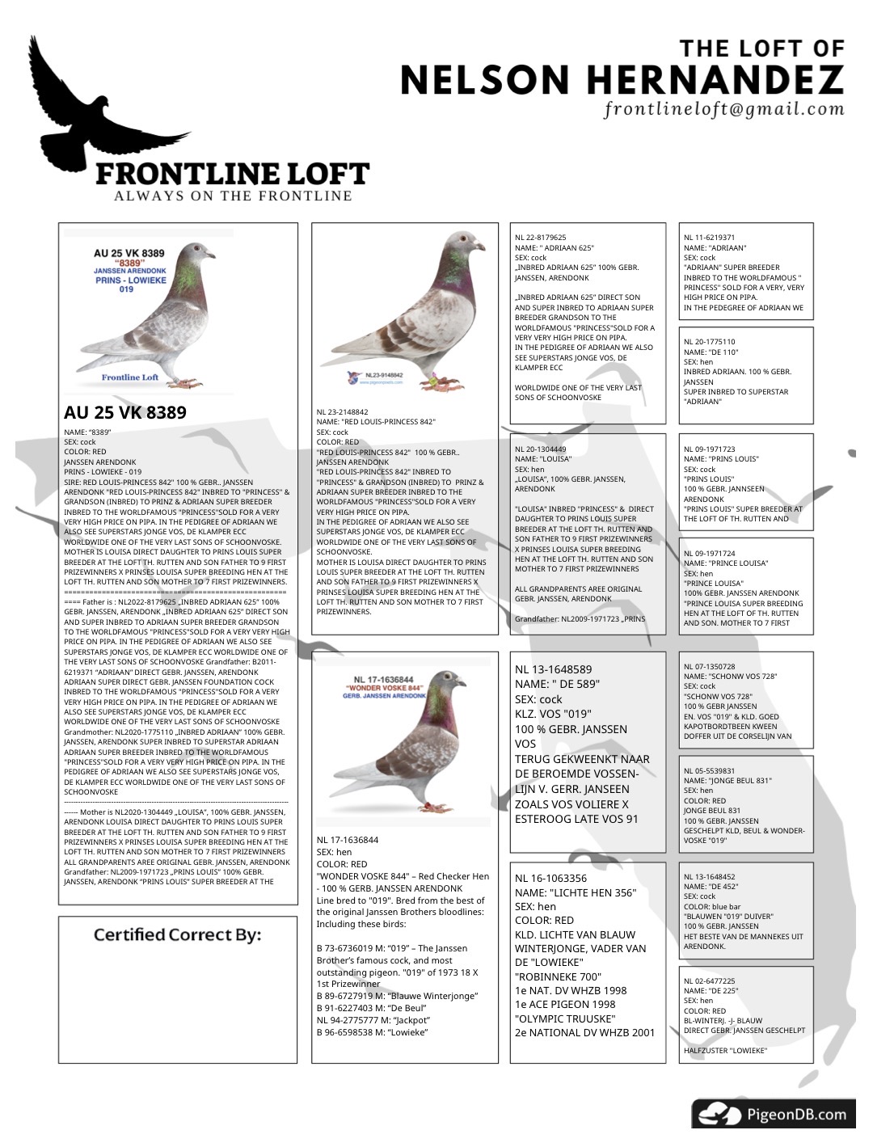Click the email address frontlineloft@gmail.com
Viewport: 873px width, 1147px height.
pos(723,109)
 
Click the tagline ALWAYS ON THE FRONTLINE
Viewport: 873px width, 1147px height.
pos(233,196)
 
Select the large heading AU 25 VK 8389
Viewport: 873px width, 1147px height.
pos(125,413)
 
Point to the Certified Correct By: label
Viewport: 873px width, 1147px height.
pos(177,935)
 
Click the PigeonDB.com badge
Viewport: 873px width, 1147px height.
pos(774,1115)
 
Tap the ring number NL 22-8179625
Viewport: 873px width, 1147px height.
pos(541,238)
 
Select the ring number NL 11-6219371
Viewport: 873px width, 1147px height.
pos(710,238)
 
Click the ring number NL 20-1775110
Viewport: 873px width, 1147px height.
pos(710,342)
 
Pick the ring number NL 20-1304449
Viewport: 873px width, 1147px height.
pos(541,449)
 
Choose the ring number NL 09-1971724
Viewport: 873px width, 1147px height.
pos(710,554)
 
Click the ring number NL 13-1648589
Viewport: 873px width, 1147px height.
pos(554,669)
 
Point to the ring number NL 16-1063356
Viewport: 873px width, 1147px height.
pos(551,878)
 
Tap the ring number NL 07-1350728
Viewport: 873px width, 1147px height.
pos(710,667)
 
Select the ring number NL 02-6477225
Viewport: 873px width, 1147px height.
pos(710,981)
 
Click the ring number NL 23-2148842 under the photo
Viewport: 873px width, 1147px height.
pos(342,412)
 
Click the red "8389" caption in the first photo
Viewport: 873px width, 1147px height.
pos(129,264)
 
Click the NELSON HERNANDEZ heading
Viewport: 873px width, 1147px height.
pos(622,80)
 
